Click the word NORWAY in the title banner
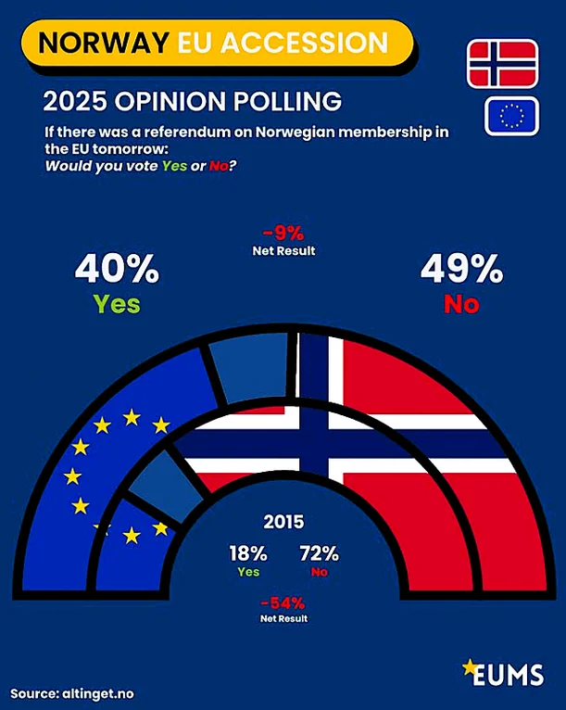point(102,43)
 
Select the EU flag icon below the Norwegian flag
point(511,115)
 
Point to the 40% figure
point(117,269)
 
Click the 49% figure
point(461,269)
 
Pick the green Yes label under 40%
point(117,303)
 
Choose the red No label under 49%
point(461,303)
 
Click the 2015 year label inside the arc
point(283,522)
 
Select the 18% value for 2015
point(248,554)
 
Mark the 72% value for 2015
point(320,554)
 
